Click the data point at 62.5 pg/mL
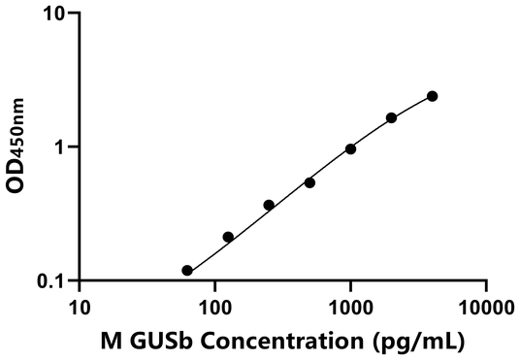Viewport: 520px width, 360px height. tap(187, 271)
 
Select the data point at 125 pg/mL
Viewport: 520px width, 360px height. tap(228, 237)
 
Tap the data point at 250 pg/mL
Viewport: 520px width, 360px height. tap(269, 205)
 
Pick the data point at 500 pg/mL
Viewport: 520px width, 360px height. tap(309, 182)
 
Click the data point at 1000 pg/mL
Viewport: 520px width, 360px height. tap(350, 148)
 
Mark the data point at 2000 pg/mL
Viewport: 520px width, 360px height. tap(391, 117)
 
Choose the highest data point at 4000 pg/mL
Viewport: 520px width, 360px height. tap(432, 96)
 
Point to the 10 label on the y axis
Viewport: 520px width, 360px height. tap(55, 15)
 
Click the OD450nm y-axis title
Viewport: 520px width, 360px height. tap(16, 147)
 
